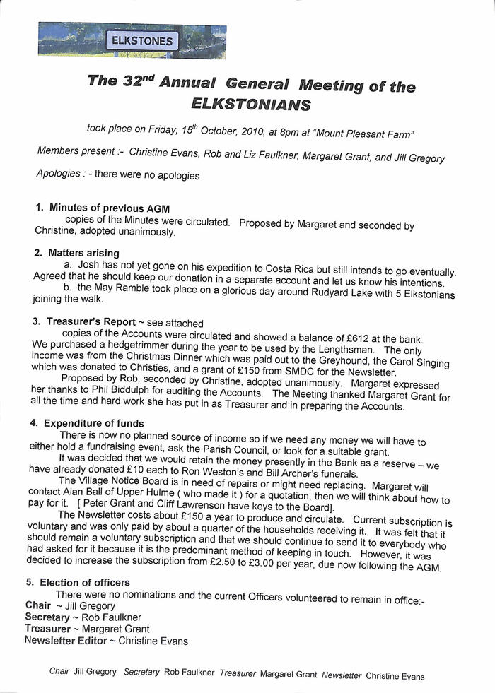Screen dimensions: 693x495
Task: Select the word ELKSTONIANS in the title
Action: tap(250, 105)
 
